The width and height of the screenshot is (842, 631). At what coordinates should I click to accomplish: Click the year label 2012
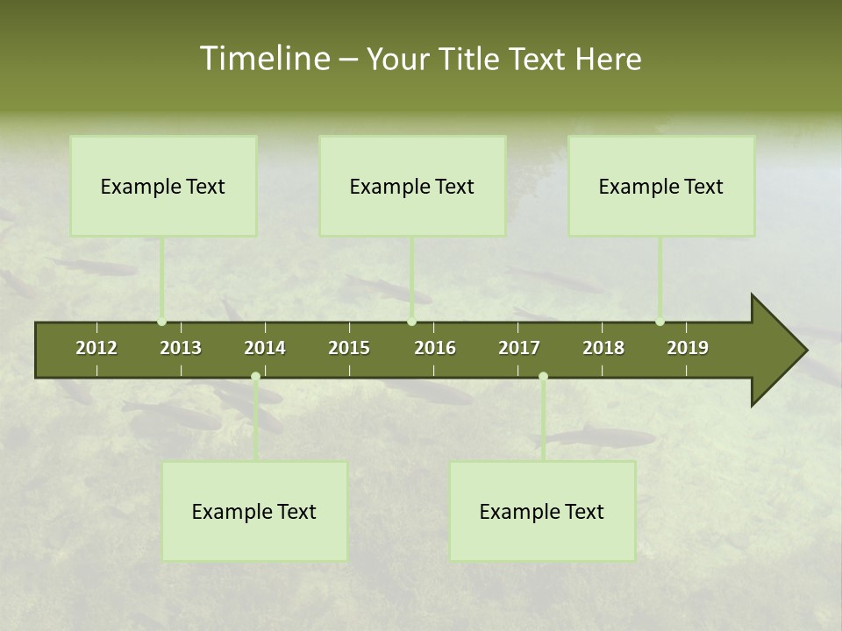[x=96, y=348]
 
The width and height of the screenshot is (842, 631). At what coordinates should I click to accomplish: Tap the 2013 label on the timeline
[x=181, y=348]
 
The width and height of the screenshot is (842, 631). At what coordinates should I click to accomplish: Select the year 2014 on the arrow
[x=265, y=348]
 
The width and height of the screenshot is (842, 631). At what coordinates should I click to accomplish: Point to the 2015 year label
[x=349, y=348]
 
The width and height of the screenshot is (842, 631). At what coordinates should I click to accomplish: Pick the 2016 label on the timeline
[x=435, y=348]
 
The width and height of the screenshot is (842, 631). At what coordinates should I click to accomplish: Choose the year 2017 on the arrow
[x=519, y=348]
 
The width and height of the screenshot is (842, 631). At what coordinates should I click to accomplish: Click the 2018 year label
[x=603, y=348]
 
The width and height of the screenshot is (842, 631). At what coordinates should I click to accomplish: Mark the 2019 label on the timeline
[x=688, y=348]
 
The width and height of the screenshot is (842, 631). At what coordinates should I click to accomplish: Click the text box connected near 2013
[x=163, y=186]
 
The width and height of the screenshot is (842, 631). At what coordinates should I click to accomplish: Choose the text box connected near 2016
[x=412, y=186]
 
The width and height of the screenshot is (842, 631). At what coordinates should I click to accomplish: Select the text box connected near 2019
[x=661, y=186]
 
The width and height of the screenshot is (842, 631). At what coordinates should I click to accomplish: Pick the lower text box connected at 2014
[x=254, y=511]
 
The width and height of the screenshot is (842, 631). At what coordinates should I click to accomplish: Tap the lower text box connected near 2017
[x=542, y=511]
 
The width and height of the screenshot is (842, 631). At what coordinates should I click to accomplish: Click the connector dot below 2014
[x=255, y=377]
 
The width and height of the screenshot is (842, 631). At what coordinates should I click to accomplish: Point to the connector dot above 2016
[x=412, y=322]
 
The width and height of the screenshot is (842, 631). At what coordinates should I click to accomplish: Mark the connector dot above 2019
[x=660, y=322]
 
